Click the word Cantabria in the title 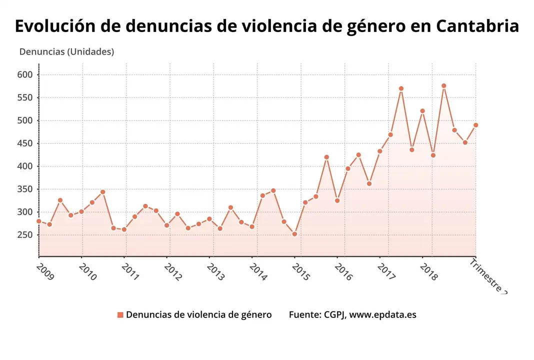point(477,26)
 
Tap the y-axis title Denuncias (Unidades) point(66,51)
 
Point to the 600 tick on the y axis point(25,75)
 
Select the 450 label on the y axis point(25,143)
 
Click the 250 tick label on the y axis point(25,235)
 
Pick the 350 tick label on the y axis point(25,189)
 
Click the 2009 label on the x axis point(45,272)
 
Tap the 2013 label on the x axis point(215,272)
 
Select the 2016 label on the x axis point(343,272)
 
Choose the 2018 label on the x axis point(428,272)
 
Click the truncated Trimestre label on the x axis point(488,276)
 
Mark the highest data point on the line point(443,86)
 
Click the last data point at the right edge point(475,125)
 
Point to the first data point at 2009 point(39,221)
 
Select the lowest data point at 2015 point(294,234)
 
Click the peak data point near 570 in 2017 point(401,88)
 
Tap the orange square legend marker point(120,315)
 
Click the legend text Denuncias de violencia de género point(198,315)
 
